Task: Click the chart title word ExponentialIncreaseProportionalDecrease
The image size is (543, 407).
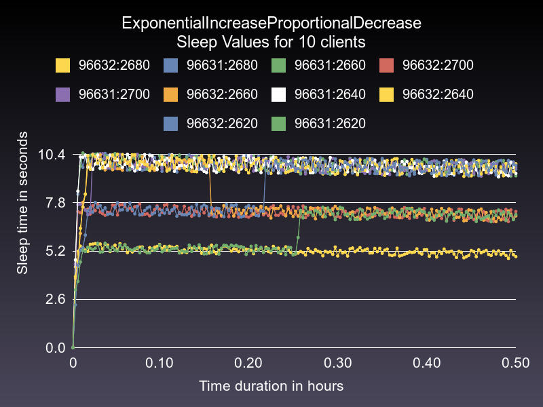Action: point(271,22)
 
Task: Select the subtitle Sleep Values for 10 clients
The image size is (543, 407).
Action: point(271,41)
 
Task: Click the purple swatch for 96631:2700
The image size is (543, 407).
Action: point(63,94)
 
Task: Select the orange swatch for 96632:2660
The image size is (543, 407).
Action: point(171,94)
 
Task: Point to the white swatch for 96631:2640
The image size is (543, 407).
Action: point(279,94)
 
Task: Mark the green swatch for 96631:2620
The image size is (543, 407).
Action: point(279,123)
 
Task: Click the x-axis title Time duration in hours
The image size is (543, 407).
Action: point(271,386)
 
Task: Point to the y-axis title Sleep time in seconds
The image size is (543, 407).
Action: point(22,203)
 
